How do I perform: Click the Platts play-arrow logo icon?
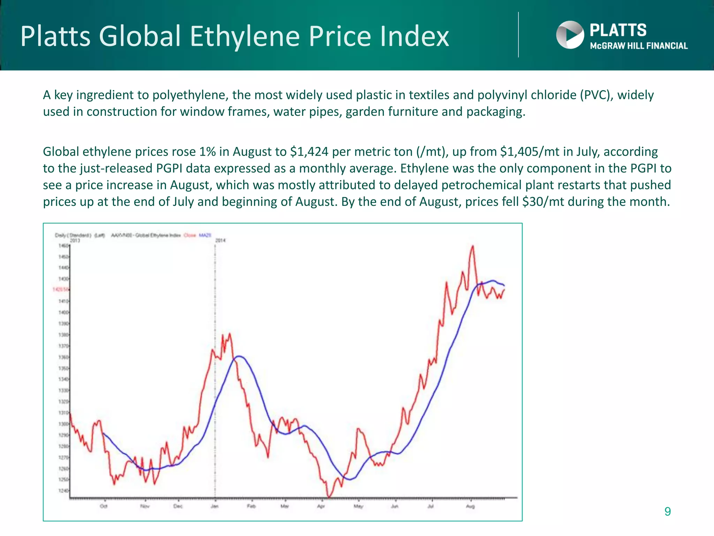(570, 35)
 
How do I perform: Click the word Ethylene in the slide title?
(244, 36)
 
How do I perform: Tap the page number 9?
(667, 512)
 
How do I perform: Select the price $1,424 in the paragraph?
(309, 152)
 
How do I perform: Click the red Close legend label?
(190, 235)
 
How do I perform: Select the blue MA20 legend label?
(205, 235)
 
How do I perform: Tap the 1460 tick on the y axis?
(63, 246)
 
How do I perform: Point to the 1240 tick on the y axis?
(63, 491)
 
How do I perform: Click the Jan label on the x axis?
(215, 506)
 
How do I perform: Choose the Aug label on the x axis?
(470, 506)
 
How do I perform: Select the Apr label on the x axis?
(321, 506)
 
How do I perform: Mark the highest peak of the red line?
(473, 246)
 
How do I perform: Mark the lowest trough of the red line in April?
(328, 497)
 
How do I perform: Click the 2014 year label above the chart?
(220, 240)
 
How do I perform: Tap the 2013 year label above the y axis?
(75, 240)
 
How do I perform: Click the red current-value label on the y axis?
(61, 289)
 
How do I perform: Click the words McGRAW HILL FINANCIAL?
(639, 46)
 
